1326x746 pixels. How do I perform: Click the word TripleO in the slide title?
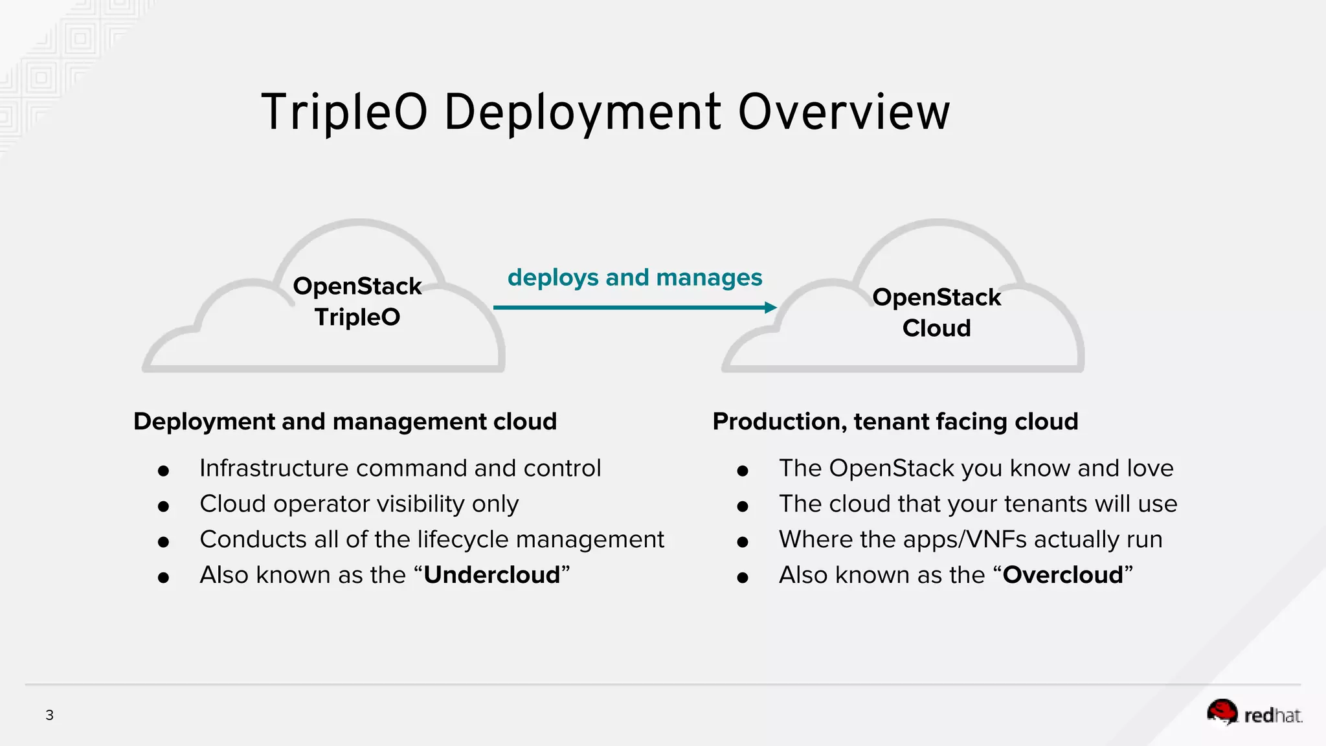pyautogui.click(x=344, y=113)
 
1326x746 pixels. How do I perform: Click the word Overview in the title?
pyautogui.click(x=844, y=113)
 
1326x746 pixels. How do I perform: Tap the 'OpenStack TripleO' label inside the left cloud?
pyautogui.click(x=357, y=302)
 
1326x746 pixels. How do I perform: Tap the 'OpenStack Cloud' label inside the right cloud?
pyautogui.click(x=936, y=313)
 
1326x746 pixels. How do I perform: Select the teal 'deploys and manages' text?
pyautogui.click(x=635, y=278)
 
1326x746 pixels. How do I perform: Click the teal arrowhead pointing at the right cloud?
pyautogui.click(x=770, y=308)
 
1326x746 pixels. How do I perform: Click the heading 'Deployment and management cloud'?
pyautogui.click(x=344, y=422)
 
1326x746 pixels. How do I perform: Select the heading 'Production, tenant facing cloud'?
pyautogui.click(x=895, y=422)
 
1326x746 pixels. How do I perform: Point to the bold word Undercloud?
pyautogui.click(x=491, y=575)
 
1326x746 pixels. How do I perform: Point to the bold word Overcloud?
pyautogui.click(x=1062, y=575)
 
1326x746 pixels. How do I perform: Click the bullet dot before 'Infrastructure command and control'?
pyautogui.click(x=163, y=471)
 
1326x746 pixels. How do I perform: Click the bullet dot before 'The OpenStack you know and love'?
pyautogui.click(x=743, y=471)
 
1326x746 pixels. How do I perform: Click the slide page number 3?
pyautogui.click(x=49, y=715)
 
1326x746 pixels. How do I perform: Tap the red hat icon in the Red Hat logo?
pyautogui.click(x=1222, y=712)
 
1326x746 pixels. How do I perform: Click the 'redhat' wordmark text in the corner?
pyautogui.click(x=1272, y=716)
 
